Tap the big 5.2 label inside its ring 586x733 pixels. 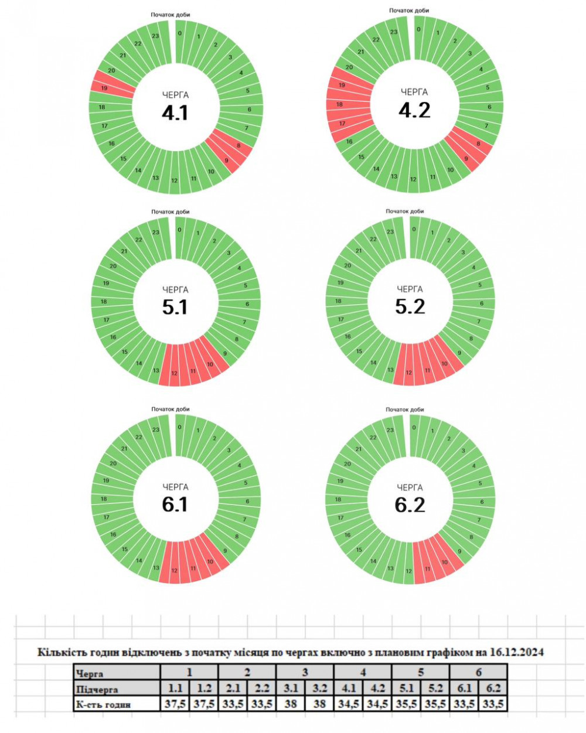pos(410,306)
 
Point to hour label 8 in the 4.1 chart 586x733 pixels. pos(239,145)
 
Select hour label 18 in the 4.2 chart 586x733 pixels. pos(339,104)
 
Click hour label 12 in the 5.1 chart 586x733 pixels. pos(174,373)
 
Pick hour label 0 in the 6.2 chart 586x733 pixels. pos(414,427)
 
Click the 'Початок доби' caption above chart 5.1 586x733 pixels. pos(171,212)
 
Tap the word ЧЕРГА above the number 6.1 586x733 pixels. pos(175,487)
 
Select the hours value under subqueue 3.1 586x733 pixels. pos(290,704)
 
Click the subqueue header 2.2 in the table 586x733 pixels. pos(261,688)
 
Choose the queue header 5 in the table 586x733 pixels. pos(420,673)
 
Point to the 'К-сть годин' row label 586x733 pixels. pos(104,704)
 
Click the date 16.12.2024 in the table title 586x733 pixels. pos(516,652)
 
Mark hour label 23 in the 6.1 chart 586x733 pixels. pos(156,429)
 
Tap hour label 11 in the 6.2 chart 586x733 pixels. pos(428,568)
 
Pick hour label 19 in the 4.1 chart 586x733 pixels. pos(104,88)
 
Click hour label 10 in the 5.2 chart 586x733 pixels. pos(444,364)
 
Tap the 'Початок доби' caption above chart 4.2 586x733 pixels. pos(409,11)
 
